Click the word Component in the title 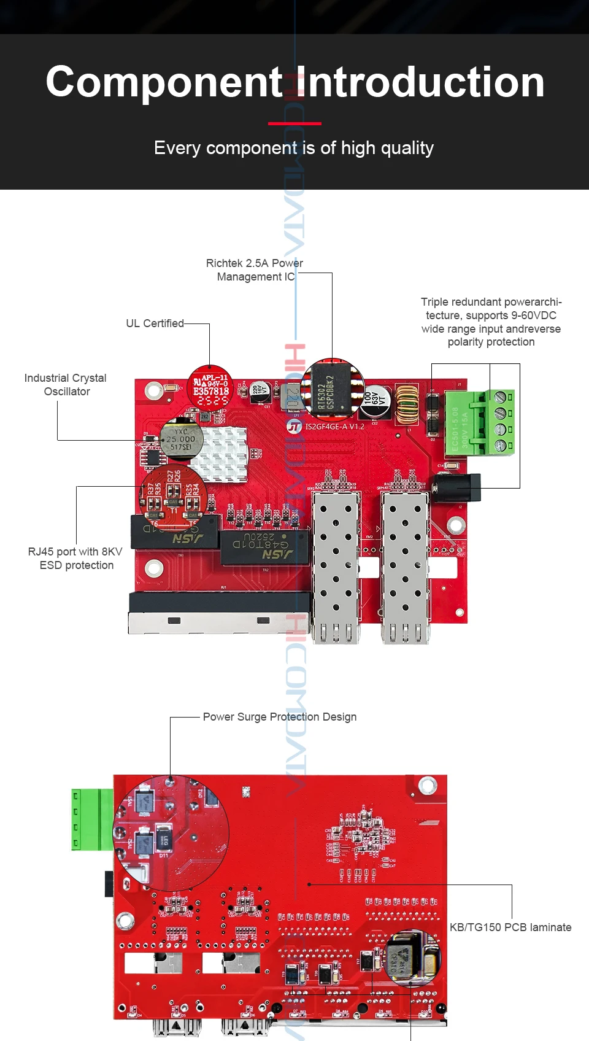(x=164, y=82)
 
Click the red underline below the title (x=294, y=123)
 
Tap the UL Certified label (x=155, y=323)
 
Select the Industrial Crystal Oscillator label (x=66, y=385)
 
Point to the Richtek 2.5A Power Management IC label (x=255, y=270)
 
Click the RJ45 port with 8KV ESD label (x=75, y=559)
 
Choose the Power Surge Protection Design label (x=279, y=717)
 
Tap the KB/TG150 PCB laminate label (x=510, y=927)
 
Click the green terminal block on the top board (x=480, y=423)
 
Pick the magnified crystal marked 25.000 (x=181, y=439)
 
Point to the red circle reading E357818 (x=210, y=389)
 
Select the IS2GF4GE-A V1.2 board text (x=334, y=427)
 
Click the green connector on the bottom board (x=92, y=819)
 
